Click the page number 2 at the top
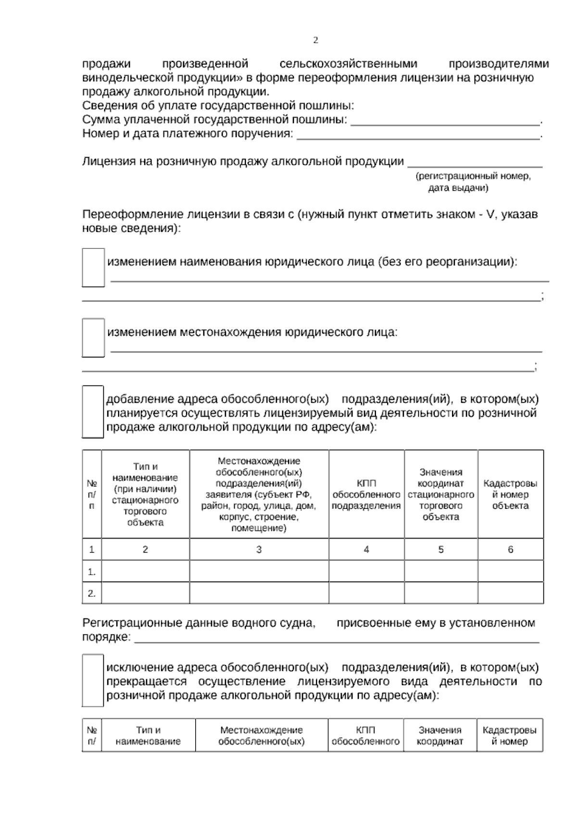click(x=315, y=40)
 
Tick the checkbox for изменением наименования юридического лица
click(x=93, y=267)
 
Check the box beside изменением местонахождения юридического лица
click(x=93, y=337)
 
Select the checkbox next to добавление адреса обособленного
click(x=92, y=411)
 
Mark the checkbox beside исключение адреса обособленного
click(x=92, y=680)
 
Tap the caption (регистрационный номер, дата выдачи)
click(x=473, y=182)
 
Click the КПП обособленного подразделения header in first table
click(x=366, y=494)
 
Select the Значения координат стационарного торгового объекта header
click(x=440, y=494)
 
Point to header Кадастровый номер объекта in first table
click(x=510, y=494)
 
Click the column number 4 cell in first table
click(x=366, y=549)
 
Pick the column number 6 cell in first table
click(x=510, y=549)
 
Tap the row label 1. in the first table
click(x=92, y=572)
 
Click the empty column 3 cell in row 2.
click(x=259, y=593)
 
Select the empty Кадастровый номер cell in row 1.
click(x=510, y=571)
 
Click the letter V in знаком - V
click(x=490, y=214)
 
